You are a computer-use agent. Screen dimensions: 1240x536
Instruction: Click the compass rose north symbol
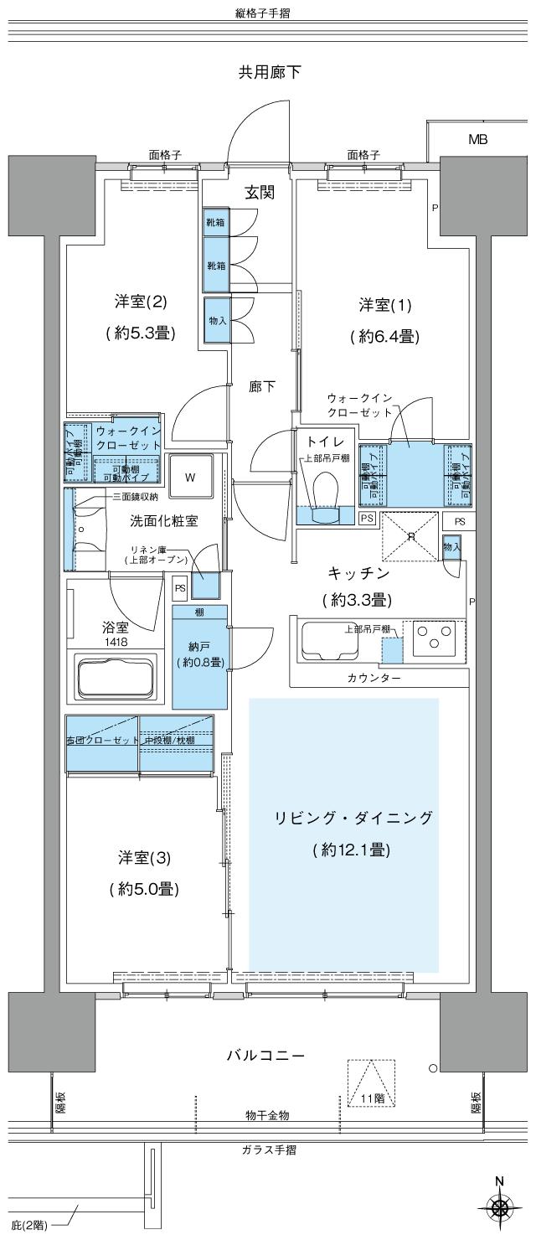500,1207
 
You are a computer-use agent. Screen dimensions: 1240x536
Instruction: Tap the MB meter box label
477,140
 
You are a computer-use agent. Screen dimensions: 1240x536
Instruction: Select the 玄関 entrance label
260,193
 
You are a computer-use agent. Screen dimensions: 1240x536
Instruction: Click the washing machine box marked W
191,478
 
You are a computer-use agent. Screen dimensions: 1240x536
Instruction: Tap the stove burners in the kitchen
432,635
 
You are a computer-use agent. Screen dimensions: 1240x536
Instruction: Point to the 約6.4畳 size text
385,336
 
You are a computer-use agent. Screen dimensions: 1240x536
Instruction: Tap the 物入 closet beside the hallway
216,320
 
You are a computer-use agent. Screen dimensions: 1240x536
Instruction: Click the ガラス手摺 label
267,1150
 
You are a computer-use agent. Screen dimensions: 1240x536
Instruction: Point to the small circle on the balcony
432,1068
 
